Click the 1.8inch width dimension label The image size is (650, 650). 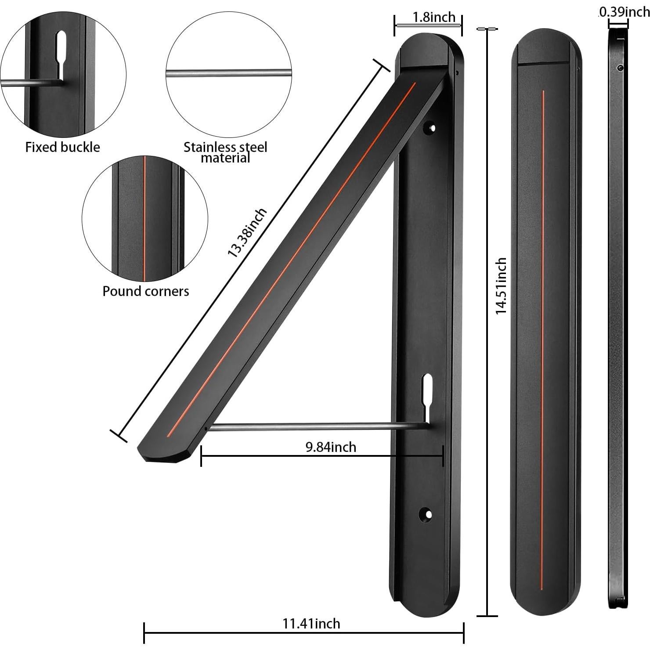pos(433,17)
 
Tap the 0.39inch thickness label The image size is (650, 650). pos(624,12)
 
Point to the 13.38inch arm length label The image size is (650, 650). pos(246,233)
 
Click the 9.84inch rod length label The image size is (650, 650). pos(331,447)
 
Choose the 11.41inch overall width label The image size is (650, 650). pos(311,623)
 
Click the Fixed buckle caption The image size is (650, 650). pos(62,147)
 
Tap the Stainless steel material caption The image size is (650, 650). pos(225,152)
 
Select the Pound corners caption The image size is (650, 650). pos(145,291)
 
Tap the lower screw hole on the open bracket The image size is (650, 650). pos(426,513)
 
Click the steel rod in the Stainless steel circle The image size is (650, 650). pos(228,73)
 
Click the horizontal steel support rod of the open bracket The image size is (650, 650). pos(307,426)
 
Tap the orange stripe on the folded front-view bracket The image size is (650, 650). pos(543,281)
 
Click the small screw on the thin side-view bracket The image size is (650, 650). pos(620,68)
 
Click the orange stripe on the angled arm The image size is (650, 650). pos(290,259)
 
